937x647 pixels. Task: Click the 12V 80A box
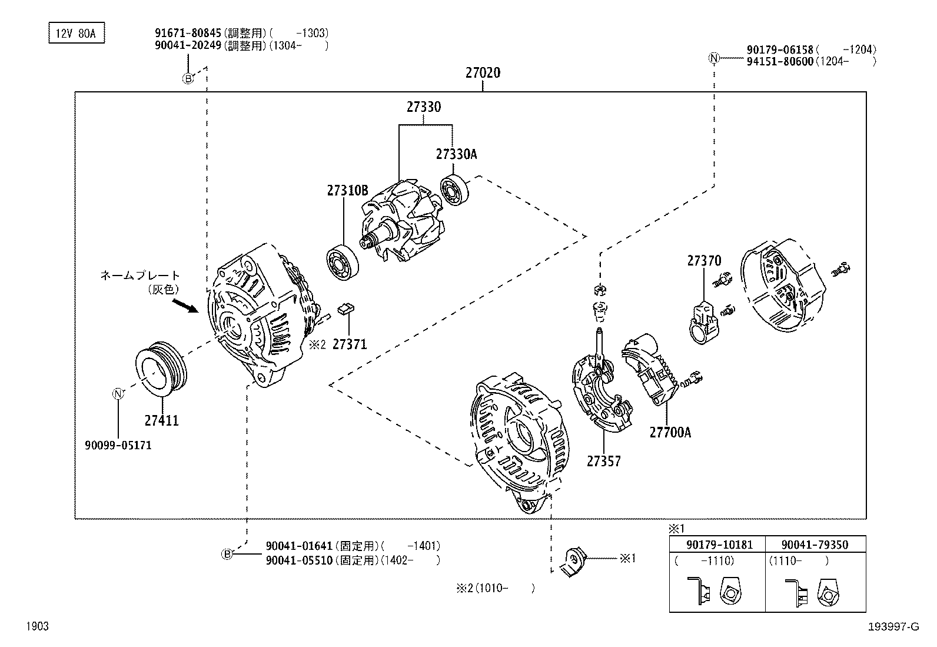[x=76, y=34]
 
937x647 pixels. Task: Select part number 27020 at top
[x=483, y=73]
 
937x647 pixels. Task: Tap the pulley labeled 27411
[x=161, y=369]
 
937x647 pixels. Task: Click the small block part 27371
[x=345, y=308]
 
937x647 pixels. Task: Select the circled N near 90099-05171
[x=118, y=394]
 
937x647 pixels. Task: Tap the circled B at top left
[x=187, y=78]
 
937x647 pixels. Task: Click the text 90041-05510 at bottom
[x=299, y=560]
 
